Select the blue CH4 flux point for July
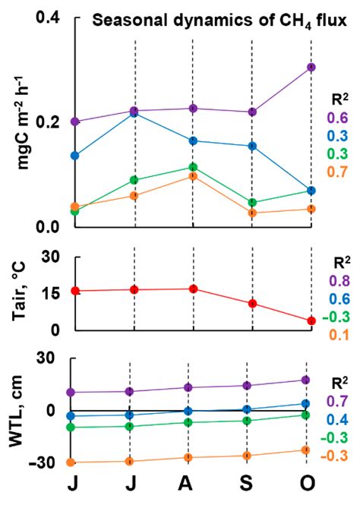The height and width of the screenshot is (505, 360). [134, 113]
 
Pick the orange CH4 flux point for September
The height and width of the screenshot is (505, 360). [252, 213]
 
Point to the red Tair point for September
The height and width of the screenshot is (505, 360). [252, 304]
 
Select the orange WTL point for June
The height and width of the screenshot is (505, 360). [75, 462]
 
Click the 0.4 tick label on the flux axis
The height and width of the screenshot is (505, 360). [46, 17]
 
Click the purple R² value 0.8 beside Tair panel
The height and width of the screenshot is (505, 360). [338, 281]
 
